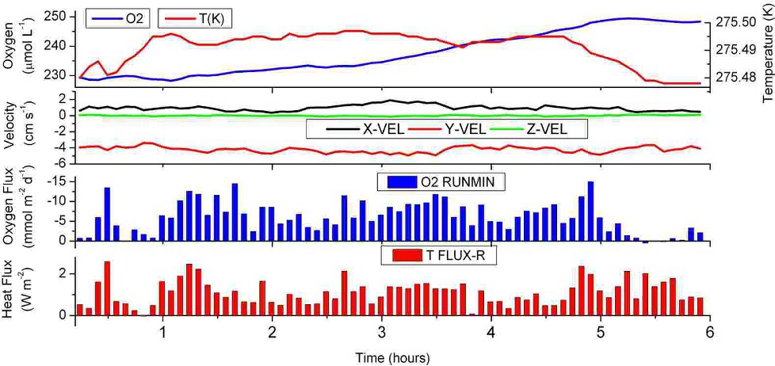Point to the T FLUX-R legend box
445,255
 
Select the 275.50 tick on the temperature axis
735,23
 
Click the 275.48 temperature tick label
735,78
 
